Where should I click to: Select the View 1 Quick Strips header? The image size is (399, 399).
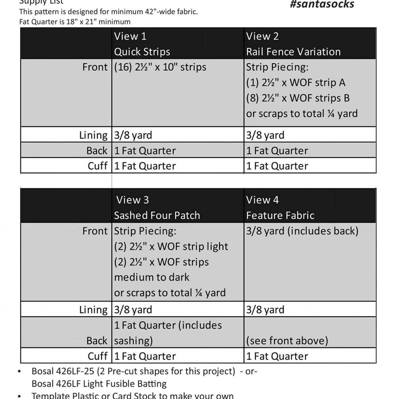click(x=142, y=44)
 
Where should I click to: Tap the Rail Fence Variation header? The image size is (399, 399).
click(x=293, y=52)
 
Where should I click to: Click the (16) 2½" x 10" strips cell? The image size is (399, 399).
click(x=160, y=67)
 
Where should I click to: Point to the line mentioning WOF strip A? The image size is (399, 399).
click(x=295, y=83)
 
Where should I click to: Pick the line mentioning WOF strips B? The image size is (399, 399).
click(x=298, y=98)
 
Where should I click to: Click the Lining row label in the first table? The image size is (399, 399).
click(x=93, y=135)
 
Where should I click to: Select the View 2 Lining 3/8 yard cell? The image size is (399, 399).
click(x=265, y=135)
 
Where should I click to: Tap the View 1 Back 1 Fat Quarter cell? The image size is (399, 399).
click(x=145, y=151)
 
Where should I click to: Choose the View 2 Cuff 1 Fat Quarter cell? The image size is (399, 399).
click(x=277, y=166)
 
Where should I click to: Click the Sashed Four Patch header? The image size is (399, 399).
click(x=157, y=215)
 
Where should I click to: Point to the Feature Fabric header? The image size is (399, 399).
click(x=280, y=215)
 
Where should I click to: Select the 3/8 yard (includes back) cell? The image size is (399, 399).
click(x=302, y=231)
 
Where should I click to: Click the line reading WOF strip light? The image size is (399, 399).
click(x=171, y=246)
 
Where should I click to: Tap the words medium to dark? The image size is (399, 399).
click(x=152, y=277)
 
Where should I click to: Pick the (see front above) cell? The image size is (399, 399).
click(x=287, y=340)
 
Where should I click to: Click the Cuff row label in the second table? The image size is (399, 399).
click(x=97, y=356)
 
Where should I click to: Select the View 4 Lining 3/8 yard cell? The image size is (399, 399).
click(x=265, y=310)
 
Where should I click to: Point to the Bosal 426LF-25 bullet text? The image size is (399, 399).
click(x=133, y=371)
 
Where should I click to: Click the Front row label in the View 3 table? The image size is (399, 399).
click(x=95, y=231)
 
